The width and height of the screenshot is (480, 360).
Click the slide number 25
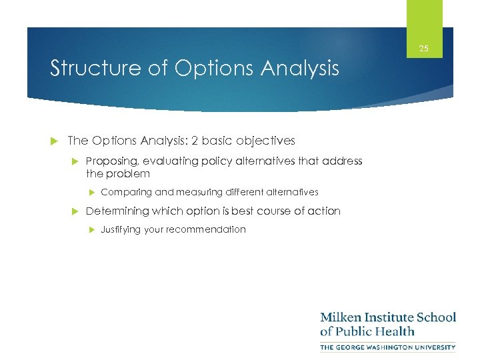[423, 49]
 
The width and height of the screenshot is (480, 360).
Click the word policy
[205, 161]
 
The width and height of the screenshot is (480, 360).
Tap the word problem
[127, 173]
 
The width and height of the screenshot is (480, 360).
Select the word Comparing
[126, 192]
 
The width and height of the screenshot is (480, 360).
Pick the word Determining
[117, 211]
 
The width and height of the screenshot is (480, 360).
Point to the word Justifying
[123, 229]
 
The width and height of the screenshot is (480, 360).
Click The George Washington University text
[388, 347]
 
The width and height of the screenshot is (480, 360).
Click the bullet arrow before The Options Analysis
[55, 141]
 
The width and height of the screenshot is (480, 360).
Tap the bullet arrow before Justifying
[92, 229]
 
